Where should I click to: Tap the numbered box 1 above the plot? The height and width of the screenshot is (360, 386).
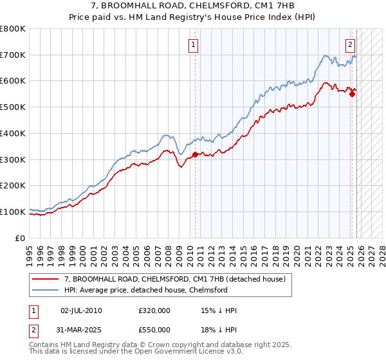[x=194, y=44]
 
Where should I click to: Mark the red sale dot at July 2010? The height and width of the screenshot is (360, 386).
[x=195, y=154]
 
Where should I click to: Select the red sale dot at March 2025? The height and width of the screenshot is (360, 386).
[x=352, y=94]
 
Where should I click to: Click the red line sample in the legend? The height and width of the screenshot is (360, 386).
[x=46, y=278]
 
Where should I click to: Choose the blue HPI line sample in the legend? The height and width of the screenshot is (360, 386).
[x=46, y=290]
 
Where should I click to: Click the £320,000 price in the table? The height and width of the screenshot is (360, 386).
[x=154, y=310]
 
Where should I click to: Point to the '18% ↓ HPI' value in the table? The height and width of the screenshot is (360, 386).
[x=219, y=330]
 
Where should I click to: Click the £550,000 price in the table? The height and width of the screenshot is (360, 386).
[x=154, y=330]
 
